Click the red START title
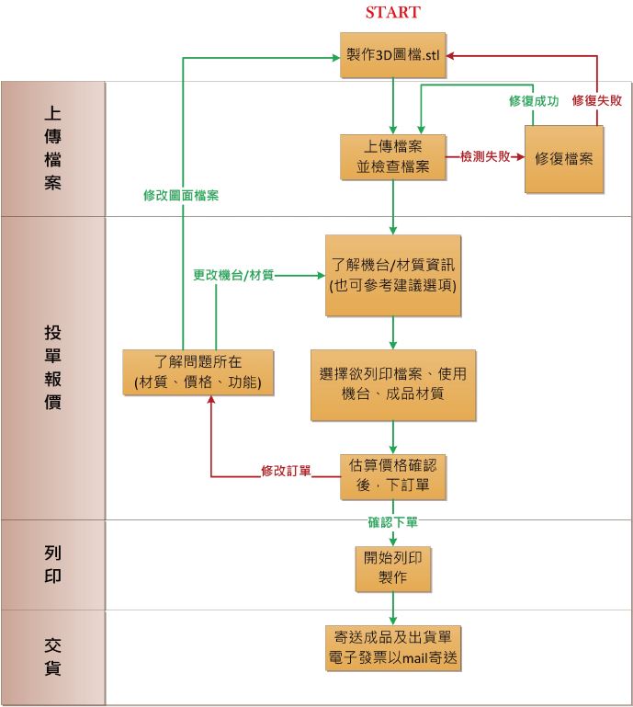[x=392, y=13]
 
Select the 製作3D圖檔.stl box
[x=393, y=56]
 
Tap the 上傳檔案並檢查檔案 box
[x=393, y=157]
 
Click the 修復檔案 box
[x=564, y=158]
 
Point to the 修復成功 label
[x=534, y=100]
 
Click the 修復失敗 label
[x=597, y=100]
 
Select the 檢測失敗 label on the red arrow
[x=484, y=157]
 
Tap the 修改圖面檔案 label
[x=181, y=196]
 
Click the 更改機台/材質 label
[x=233, y=275]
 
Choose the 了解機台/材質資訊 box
[x=393, y=275]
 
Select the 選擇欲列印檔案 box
[x=393, y=383]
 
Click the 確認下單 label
[x=393, y=522]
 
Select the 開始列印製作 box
[x=393, y=567]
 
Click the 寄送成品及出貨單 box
[x=393, y=647]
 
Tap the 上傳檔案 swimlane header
[x=53, y=148]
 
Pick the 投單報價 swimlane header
[x=53, y=367]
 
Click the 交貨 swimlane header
[x=53, y=656]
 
